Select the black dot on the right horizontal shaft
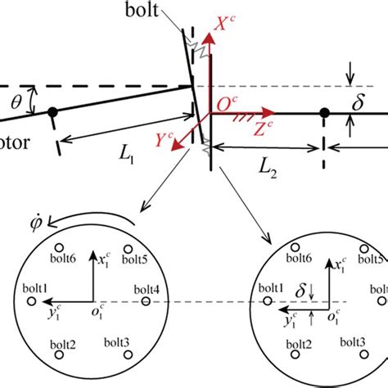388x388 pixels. pos(324,112)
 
